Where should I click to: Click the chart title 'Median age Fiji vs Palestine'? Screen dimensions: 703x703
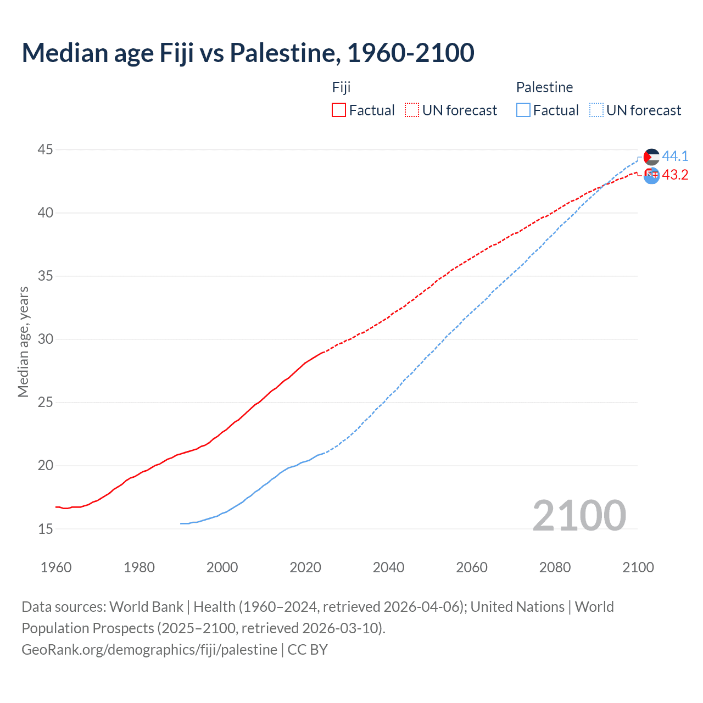(x=248, y=53)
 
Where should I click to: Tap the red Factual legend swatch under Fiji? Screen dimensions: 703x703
(x=339, y=110)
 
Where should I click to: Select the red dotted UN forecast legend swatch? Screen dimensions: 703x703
(x=412, y=110)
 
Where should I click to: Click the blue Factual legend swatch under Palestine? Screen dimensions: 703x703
(x=523, y=110)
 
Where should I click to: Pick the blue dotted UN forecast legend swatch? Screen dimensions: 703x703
(x=596, y=110)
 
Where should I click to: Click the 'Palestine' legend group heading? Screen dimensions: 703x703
(x=544, y=87)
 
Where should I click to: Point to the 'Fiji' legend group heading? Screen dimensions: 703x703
(x=341, y=87)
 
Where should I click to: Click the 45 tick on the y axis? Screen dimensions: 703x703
(x=46, y=149)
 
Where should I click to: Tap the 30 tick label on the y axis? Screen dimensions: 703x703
(x=46, y=339)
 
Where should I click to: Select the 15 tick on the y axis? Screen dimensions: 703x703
(x=46, y=529)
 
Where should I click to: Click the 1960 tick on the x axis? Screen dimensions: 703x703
(x=56, y=567)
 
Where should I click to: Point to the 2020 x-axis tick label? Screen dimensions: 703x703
(x=305, y=567)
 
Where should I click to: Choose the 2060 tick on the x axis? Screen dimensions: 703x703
(x=472, y=567)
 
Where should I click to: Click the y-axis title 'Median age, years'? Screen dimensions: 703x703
(x=23, y=342)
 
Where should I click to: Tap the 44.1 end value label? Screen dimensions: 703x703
(x=675, y=157)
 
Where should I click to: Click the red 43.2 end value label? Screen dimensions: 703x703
(x=675, y=175)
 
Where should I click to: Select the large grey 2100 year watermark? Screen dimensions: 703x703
(x=579, y=515)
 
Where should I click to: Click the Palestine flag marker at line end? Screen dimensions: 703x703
(x=651, y=157)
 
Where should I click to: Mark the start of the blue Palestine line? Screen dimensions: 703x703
(x=181, y=523)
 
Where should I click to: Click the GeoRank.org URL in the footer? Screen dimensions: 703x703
(x=149, y=650)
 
